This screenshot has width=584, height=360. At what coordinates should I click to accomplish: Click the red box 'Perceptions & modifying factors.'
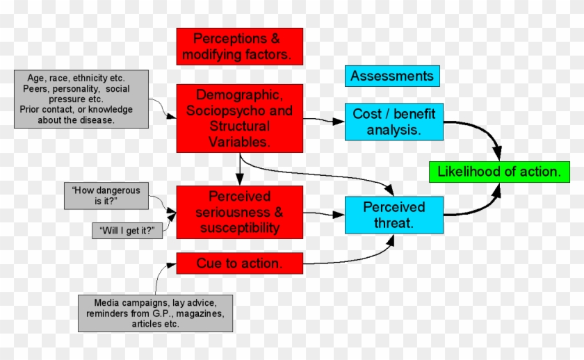239,45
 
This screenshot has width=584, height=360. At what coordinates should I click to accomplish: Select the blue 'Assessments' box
392,76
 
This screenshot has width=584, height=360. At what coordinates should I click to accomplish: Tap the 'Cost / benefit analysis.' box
394,122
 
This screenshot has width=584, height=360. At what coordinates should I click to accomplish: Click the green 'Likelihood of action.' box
499,172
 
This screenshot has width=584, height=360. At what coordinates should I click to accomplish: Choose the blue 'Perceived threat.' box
394,215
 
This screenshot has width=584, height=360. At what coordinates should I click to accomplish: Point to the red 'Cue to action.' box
239,263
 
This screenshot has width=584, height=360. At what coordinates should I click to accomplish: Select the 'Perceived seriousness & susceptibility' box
239,212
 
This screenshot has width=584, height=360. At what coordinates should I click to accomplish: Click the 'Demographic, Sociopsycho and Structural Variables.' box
239,118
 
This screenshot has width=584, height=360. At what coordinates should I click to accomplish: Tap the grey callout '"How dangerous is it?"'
106,195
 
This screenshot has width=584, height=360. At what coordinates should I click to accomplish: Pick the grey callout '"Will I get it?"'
127,231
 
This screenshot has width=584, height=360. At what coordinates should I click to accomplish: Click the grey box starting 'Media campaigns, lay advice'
154,313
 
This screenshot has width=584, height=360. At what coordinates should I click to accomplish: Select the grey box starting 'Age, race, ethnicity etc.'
81,99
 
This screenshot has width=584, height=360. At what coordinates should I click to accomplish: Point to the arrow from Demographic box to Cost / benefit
324,121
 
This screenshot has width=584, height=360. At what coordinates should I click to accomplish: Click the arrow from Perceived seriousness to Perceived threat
324,213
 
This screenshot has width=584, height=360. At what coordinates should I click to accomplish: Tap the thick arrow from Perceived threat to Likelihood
480,207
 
